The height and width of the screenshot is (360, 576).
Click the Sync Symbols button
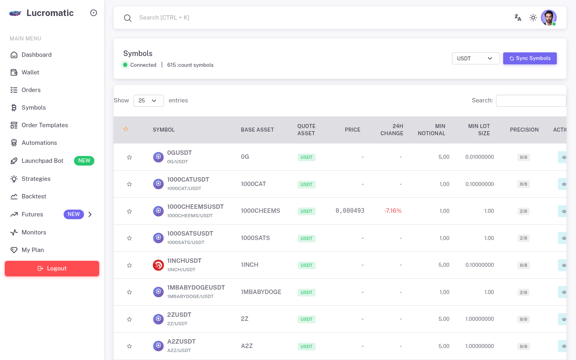tap(530, 58)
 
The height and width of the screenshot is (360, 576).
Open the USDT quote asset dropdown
tap(475, 58)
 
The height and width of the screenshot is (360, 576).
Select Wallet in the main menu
tap(30, 72)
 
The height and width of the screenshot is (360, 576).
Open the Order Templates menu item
tap(44, 125)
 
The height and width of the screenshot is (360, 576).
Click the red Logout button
tap(52, 268)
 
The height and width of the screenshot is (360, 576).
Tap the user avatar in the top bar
tap(548, 18)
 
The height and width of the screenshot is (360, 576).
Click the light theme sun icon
tap(533, 18)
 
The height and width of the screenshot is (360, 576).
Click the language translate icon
tap(518, 18)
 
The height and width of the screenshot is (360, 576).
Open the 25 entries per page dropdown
tap(148, 101)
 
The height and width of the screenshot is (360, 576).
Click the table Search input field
tap(530, 101)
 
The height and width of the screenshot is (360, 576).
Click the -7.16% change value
tap(393, 211)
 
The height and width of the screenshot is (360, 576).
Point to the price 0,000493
tap(350, 211)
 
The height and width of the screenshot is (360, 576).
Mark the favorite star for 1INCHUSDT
tap(129, 265)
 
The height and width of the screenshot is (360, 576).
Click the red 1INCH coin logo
tap(158, 265)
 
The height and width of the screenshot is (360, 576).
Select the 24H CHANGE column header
tap(392, 130)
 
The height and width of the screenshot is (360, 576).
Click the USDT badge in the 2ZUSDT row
tap(306, 319)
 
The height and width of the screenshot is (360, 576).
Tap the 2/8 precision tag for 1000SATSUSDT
tap(523, 238)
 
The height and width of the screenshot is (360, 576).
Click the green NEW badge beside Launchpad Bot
tap(84, 161)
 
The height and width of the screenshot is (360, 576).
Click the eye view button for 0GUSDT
tap(563, 157)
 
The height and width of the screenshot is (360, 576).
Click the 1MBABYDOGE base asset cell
tap(261, 292)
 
